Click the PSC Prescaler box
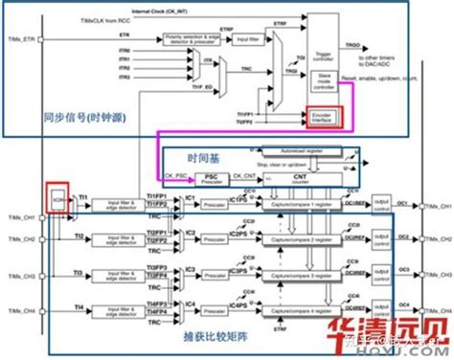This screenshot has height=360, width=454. [212, 178]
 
